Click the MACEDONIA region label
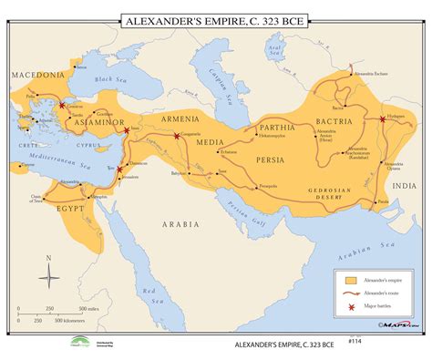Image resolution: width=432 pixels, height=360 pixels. pyautogui.click(x=37, y=74)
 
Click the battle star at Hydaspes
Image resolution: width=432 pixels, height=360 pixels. pyautogui.click(x=380, y=119)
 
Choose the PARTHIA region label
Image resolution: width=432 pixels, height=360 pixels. pyautogui.click(x=277, y=127)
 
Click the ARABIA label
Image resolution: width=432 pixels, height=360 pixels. pyautogui.click(x=179, y=221)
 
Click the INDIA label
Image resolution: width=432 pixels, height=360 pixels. pyautogui.click(x=403, y=185)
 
